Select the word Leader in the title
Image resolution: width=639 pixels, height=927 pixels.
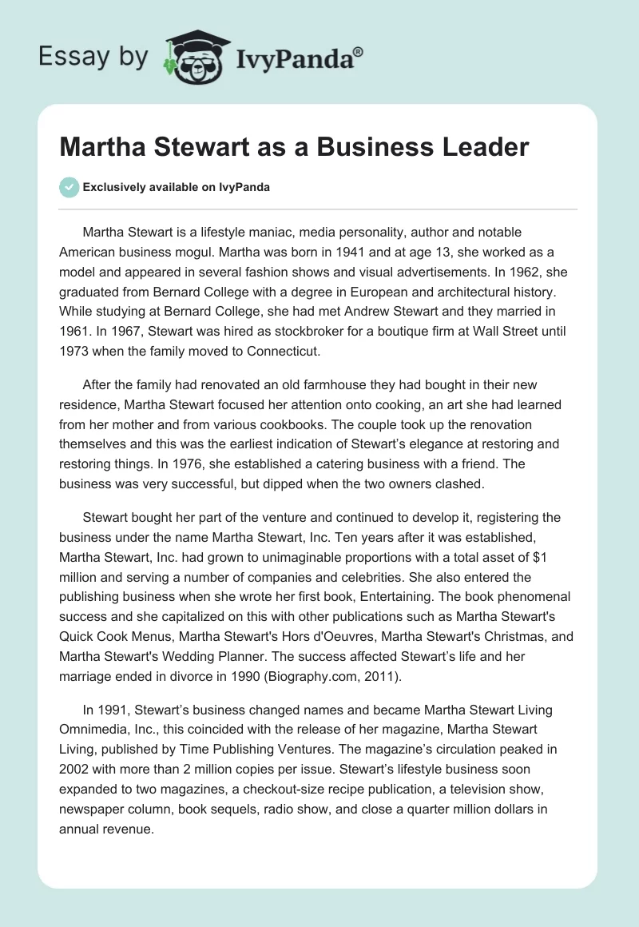[x=483, y=147]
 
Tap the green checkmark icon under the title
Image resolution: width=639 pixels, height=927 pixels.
[x=69, y=187]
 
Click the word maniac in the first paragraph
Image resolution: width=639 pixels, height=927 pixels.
[x=276, y=232]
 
